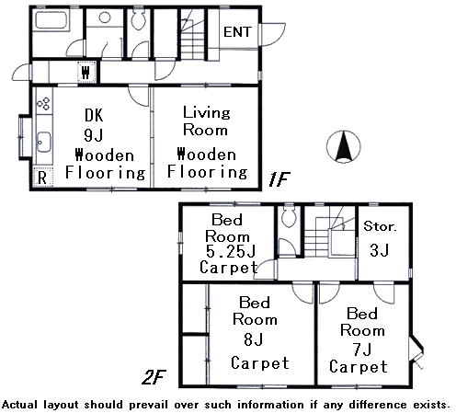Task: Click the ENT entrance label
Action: [x=237, y=32]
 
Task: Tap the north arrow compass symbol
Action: [x=343, y=146]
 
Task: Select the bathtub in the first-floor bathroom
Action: [x=51, y=20]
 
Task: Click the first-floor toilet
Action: [x=138, y=18]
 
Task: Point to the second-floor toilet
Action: [x=289, y=215]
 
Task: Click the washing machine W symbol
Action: [x=86, y=72]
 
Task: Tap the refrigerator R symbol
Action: [x=42, y=178]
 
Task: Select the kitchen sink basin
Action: [x=44, y=142]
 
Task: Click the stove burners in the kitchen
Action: [x=43, y=103]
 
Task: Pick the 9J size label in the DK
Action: [x=94, y=134]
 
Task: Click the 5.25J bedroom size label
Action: [x=231, y=251]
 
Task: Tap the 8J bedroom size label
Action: [x=253, y=339]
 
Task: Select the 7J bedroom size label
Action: [x=362, y=349]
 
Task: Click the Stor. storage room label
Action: [x=380, y=226]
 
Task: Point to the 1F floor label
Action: [x=279, y=179]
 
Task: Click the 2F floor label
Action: [x=154, y=377]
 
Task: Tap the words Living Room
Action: [x=206, y=120]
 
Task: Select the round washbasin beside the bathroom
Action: [x=105, y=17]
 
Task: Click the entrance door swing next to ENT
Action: [x=272, y=34]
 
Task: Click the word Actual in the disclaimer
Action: [x=21, y=405]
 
